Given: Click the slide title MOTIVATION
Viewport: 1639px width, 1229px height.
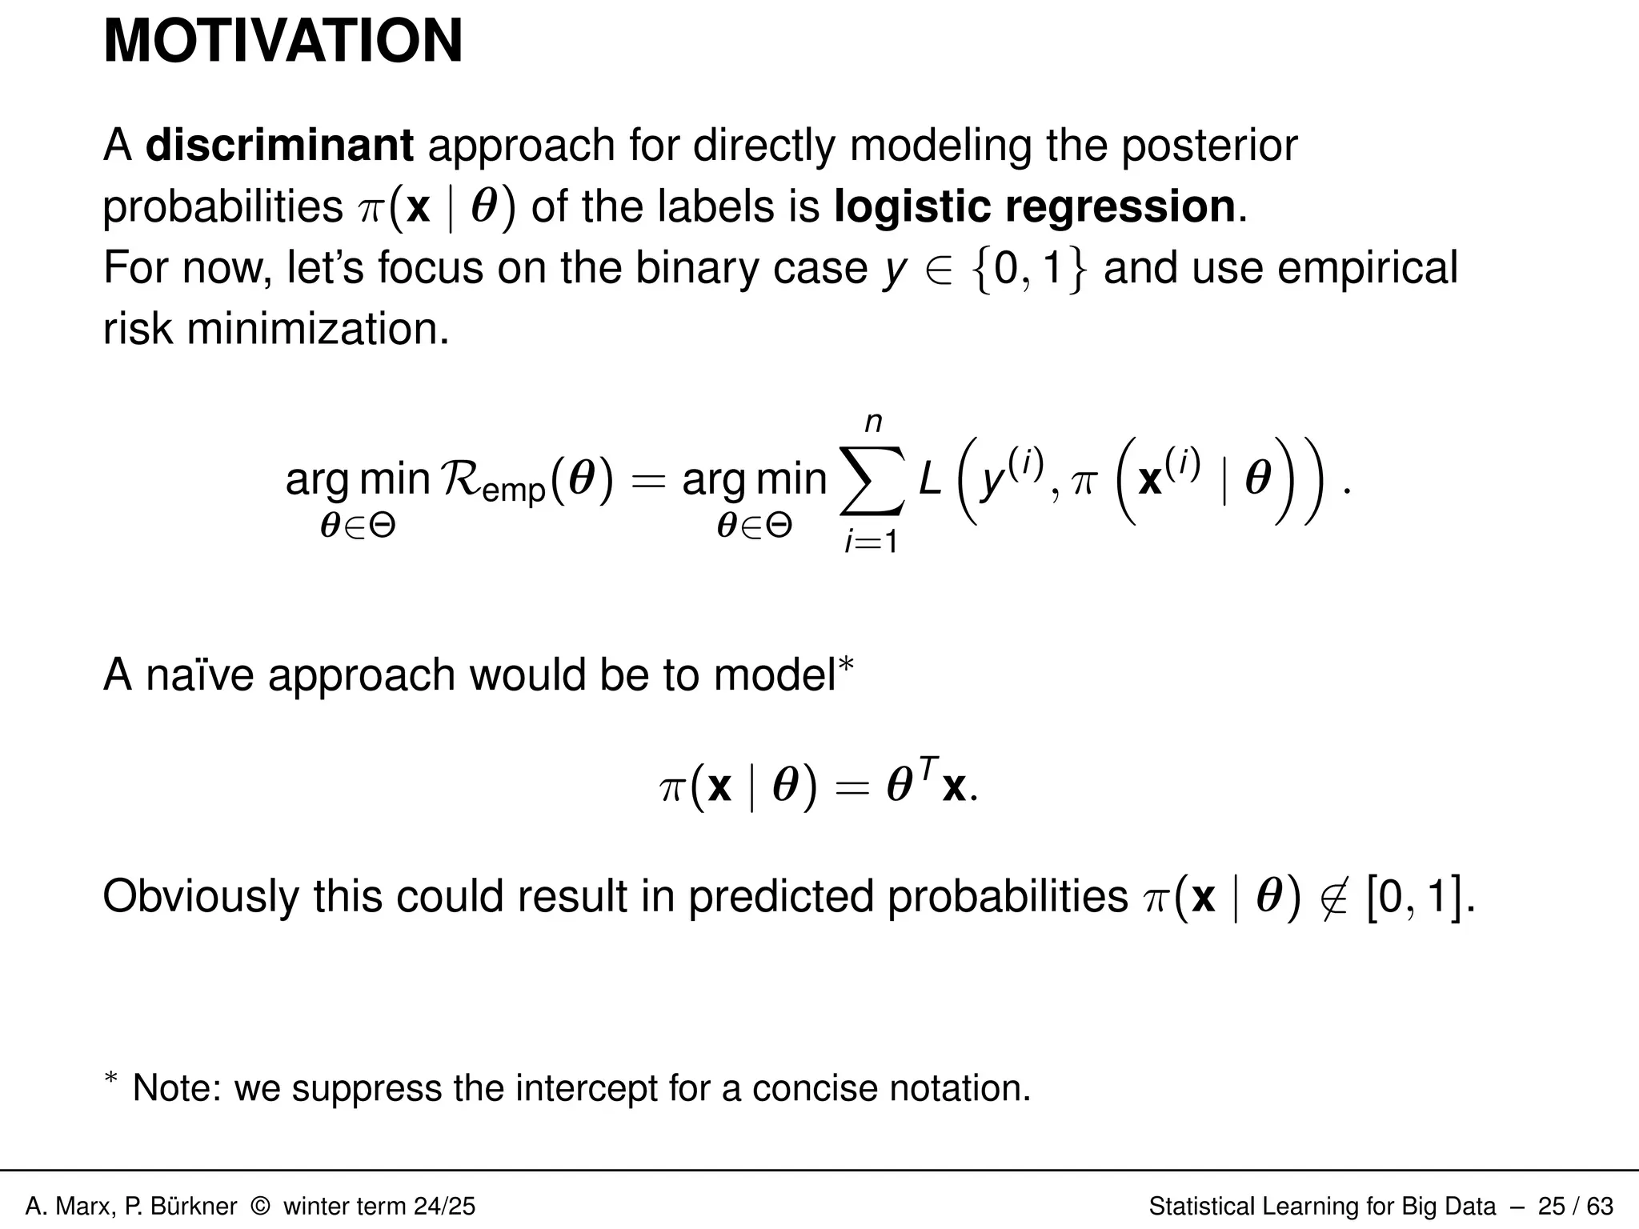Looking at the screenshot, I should pos(283,42).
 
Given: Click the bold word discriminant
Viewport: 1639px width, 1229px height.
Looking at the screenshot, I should pos(279,146).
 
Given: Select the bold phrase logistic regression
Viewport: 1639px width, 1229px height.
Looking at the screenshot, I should pos(1035,206).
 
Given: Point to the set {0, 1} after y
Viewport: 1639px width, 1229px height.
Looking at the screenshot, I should pos(1029,269).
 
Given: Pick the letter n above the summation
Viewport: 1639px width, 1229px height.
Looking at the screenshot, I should pos(873,422).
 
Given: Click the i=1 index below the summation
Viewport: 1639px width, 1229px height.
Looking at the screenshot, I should pos(872,542).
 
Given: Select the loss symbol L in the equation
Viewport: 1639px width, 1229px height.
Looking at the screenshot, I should pos(930,481).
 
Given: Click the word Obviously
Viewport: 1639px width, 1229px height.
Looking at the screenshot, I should pos(201,895).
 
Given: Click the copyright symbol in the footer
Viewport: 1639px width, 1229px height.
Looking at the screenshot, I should pos(260,1206).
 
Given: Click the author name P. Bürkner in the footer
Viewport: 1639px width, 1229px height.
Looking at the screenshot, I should pos(181,1206).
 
